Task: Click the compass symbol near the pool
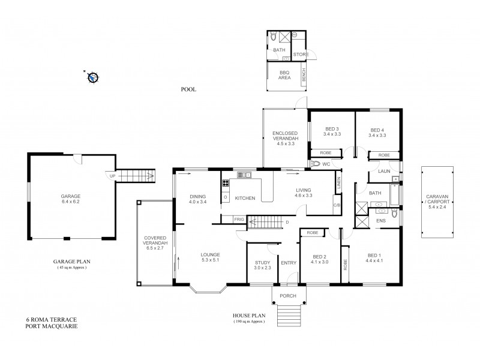pyautogui.click(x=92, y=77)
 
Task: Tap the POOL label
pyautogui.click(x=189, y=89)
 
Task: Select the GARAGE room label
pyautogui.click(x=70, y=196)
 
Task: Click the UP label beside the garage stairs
pyautogui.click(x=112, y=176)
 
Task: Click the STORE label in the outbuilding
pyautogui.click(x=301, y=55)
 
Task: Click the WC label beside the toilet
pyautogui.click(x=326, y=163)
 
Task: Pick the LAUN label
pyautogui.click(x=385, y=172)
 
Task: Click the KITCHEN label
pyautogui.click(x=245, y=198)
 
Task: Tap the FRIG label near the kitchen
pyautogui.click(x=239, y=220)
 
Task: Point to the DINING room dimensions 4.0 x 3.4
pyautogui.click(x=197, y=202)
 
